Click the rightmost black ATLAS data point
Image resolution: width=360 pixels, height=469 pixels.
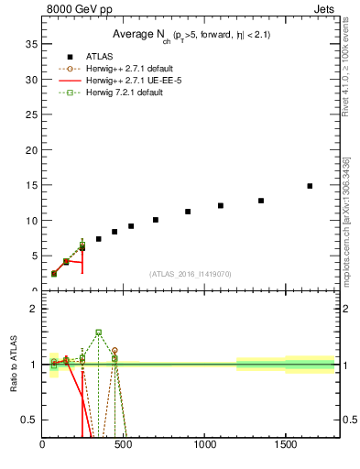coord(310,186)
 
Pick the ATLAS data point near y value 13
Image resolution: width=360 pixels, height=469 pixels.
coord(261,201)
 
